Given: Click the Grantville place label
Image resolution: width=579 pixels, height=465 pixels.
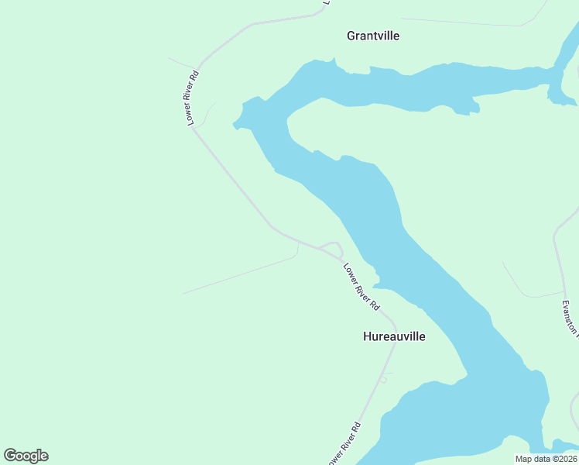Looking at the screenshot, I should click(x=373, y=36).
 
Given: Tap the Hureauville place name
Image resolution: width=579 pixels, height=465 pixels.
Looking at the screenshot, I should click(x=394, y=337).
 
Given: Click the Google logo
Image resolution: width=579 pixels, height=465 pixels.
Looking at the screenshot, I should click(x=26, y=456).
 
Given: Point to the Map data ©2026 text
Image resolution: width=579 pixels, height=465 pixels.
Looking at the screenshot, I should click(x=545, y=459).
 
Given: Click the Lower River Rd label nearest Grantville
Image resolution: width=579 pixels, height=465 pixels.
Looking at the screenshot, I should click(x=192, y=98).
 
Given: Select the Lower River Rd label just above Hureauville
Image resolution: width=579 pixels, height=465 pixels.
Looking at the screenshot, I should click(x=361, y=287).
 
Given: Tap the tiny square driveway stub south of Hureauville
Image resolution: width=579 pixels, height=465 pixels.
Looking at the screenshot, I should click(x=382, y=379).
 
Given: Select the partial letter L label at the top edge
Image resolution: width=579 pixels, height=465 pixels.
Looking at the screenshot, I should click(x=327, y=3).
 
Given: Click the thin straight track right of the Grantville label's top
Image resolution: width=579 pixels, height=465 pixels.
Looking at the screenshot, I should click(x=464, y=22).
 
